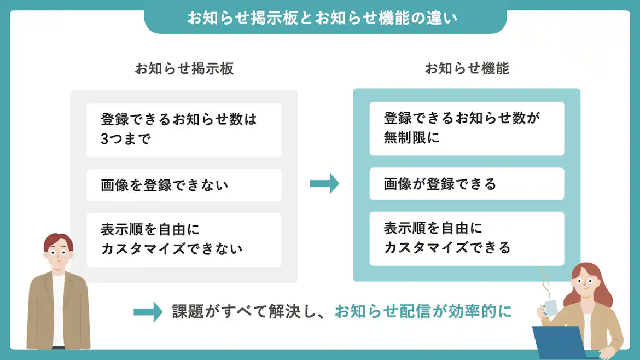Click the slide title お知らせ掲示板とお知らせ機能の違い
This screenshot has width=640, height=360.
click(x=323, y=18)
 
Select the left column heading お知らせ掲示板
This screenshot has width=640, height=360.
click(x=184, y=68)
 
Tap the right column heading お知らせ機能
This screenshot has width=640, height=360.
click(x=467, y=68)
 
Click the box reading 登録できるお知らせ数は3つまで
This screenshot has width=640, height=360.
click(x=184, y=129)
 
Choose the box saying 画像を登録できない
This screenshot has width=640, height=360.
click(x=184, y=185)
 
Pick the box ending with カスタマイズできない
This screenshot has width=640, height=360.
click(x=184, y=240)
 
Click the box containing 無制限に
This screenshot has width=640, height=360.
click(x=467, y=128)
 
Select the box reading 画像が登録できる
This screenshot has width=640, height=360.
click(x=467, y=184)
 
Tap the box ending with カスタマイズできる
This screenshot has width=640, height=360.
click(x=467, y=239)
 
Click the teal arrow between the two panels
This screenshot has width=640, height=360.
click(x=324, y=184)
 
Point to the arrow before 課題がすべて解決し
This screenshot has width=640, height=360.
click(x=148, y=312)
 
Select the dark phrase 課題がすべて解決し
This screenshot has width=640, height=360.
click(x=249, y=311)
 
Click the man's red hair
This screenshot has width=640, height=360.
click(x=57, y=241)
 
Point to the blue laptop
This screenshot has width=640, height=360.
click(x=559, y=342)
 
